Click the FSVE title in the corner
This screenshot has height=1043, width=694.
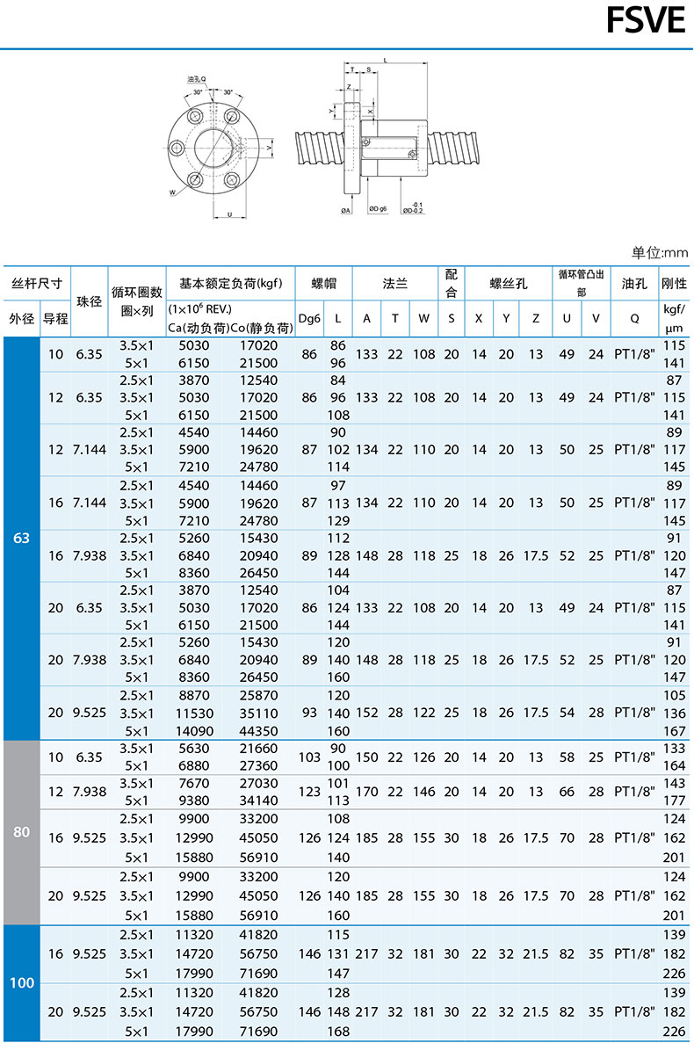point(646,21)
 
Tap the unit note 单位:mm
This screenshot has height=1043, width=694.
point(660,253)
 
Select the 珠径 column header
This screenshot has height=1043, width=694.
point(90,301)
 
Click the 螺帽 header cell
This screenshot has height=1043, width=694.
point(323,284)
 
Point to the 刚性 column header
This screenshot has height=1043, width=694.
point(674,284)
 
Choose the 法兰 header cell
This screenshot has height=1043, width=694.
point(395,284)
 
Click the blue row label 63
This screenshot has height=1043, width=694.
point(22,538)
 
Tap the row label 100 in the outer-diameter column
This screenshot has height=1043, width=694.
point(22,982)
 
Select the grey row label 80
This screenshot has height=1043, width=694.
point(22,831)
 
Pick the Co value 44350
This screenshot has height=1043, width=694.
point(258,730)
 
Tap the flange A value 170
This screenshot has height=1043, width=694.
point(366,792)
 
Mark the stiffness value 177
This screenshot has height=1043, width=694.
point(674,800)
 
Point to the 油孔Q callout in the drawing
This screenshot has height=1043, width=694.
point(196,79)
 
